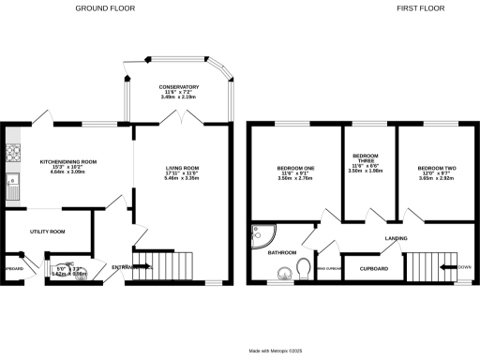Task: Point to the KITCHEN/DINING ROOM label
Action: coord(67,161)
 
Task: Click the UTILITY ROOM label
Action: coord(47,231)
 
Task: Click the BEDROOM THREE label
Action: coord(366,157)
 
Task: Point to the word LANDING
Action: coord(396,238)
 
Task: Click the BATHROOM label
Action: coord(282,252)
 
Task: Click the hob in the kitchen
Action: coord(12,151)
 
